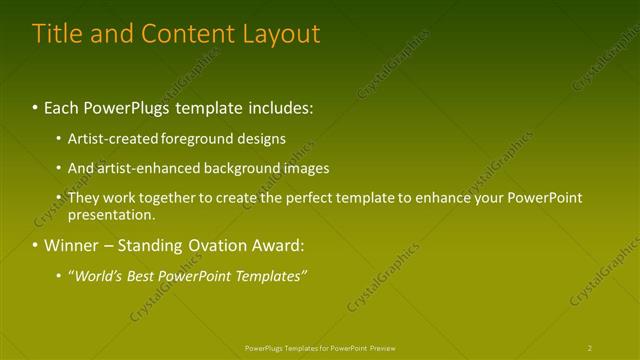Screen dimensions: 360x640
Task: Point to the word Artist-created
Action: pos(110,139)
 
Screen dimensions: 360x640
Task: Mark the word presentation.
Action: pos(111,214)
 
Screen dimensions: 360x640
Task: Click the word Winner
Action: pos(71,245)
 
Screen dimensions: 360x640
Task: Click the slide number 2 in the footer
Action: pos(589,348)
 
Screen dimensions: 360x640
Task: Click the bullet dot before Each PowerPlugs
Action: pos(36,106)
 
